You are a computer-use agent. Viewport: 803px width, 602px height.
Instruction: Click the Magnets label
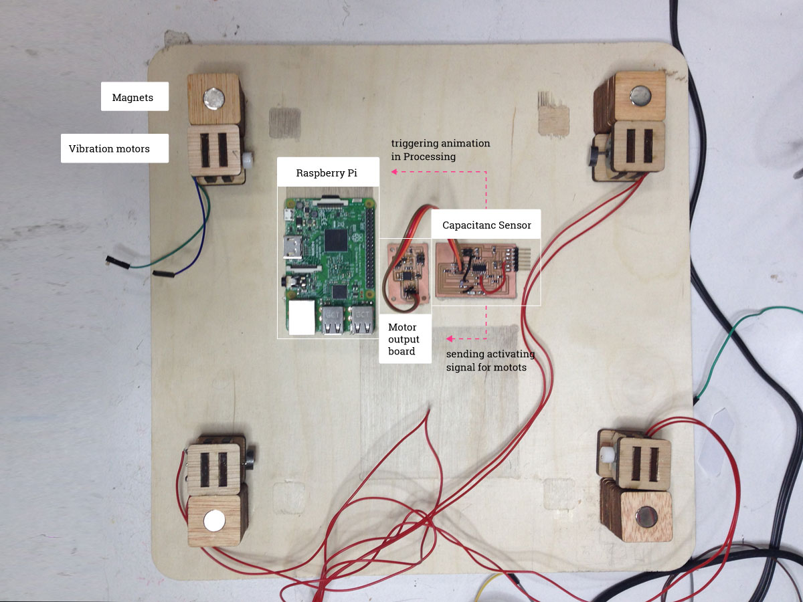click(133, 98)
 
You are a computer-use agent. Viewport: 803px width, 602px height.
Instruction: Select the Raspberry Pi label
click(327, 173)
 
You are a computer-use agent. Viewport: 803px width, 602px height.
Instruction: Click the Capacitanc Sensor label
click(486, 225)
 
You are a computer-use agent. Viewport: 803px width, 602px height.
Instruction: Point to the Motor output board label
click(402, 339)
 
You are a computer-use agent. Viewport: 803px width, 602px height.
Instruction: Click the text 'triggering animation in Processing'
click(440, 150)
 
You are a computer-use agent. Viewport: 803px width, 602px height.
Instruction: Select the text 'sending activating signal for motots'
click(490, 361)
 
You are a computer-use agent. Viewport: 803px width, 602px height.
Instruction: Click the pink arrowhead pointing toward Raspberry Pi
click(394, 172)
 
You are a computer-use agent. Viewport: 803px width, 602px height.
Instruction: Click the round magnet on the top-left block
click(213, 98)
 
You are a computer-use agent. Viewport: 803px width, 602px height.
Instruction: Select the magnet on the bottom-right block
click(648, 516)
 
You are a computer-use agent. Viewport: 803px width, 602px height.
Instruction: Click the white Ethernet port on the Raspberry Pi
click(301, 317)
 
